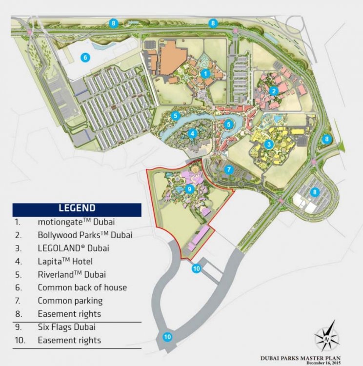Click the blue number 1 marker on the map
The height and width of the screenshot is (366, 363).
205,73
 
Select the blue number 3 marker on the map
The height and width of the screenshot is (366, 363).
268,144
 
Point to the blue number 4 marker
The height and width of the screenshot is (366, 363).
193,133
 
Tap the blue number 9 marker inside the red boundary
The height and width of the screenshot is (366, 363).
190,188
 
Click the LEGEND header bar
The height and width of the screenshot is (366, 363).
77,208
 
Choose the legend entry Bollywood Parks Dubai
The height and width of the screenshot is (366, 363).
85,234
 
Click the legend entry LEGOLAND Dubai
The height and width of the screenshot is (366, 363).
73,247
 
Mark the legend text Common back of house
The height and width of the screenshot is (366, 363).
82,287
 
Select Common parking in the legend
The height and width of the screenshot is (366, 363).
70,301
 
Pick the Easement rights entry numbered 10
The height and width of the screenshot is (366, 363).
69,340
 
